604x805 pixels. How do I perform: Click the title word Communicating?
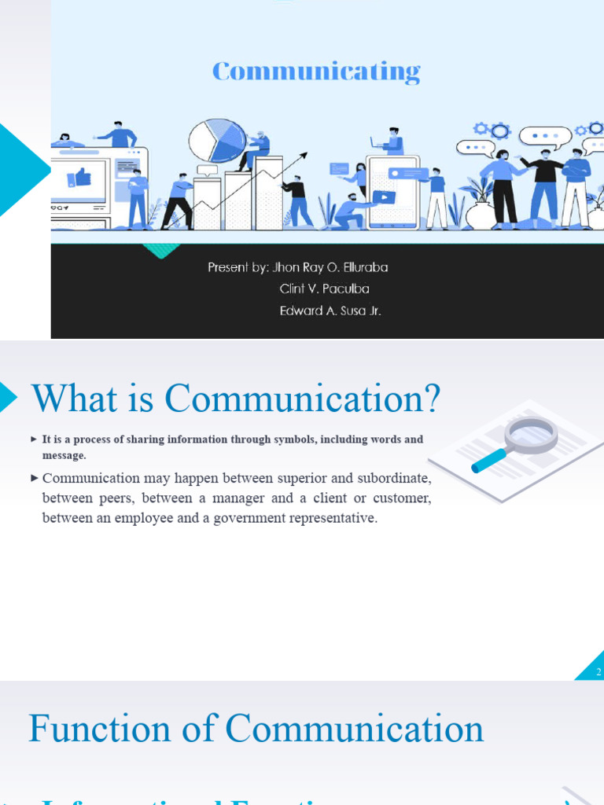(316, 72)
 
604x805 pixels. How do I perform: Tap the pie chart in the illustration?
(217, 140)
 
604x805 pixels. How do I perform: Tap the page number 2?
(598, 672)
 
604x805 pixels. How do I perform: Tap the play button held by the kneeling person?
(383, 197)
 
